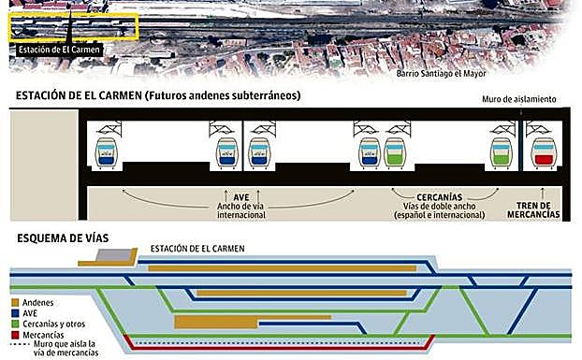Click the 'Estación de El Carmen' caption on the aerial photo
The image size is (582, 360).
tap(60, 50)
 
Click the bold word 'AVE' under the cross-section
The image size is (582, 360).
tap(240, 197)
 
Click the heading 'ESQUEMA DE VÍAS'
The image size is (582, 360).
tap(64, 238)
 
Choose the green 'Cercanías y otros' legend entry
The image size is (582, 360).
tap(52, 324)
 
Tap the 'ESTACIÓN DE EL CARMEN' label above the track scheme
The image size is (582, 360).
tap(197, 248)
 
